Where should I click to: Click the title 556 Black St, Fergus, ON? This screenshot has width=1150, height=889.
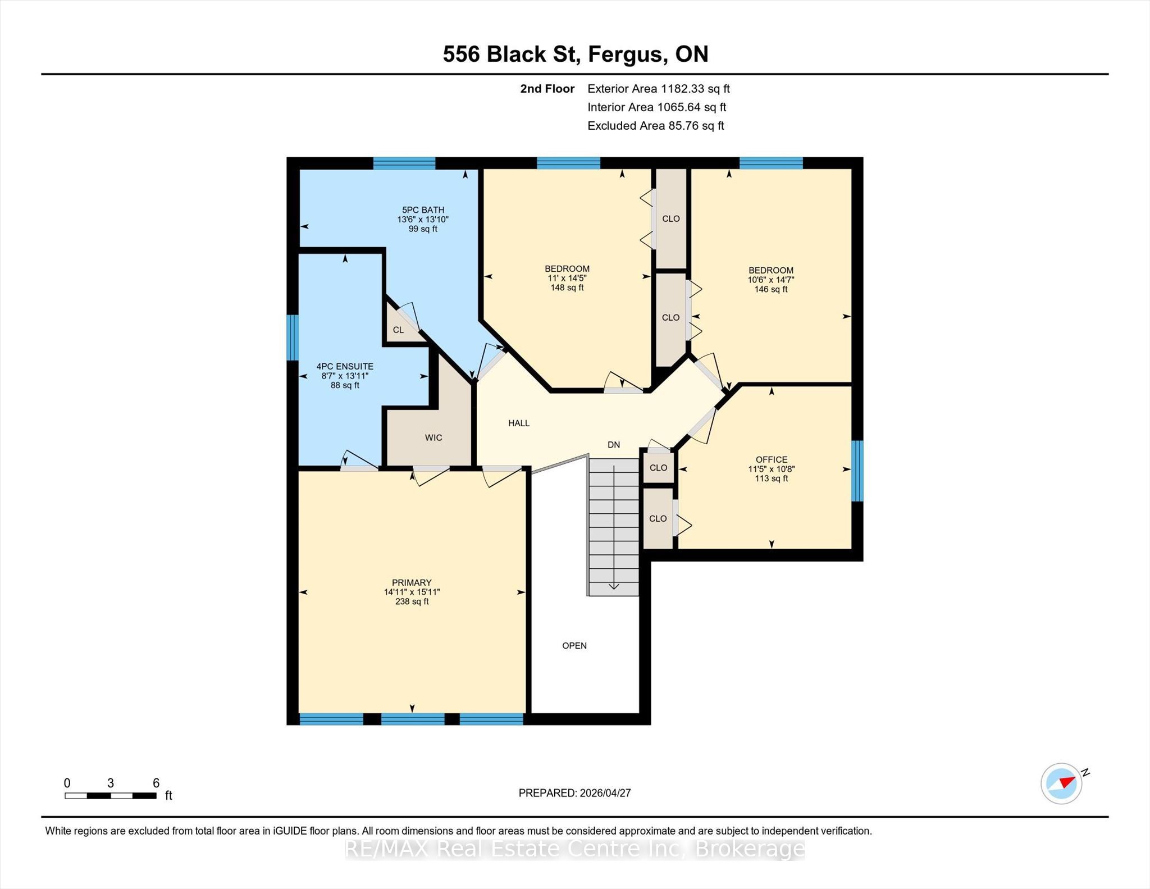pos(576,54)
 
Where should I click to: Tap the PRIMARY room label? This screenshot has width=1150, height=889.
pos(412,583)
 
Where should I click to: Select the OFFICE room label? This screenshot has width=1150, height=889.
pos(772,459)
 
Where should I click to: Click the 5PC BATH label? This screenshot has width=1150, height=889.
pos(423,210)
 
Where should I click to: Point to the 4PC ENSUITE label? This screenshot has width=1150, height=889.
pos(345,366)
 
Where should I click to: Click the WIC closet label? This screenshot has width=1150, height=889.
pos(433,437)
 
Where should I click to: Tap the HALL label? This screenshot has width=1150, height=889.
pos(519,423)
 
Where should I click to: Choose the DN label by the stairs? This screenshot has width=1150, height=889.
pos(614,445)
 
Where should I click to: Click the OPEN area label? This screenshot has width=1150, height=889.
pos(574,646)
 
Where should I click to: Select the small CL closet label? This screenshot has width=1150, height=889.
pos(398,330)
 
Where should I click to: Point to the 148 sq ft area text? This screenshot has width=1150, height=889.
pos(567,288)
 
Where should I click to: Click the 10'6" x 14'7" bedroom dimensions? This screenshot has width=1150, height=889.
pos(771,280)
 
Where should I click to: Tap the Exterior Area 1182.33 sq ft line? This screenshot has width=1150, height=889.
pos(659,89)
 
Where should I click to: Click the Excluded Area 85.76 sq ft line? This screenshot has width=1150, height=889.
pos(656,126)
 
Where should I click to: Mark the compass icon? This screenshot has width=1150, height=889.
pos(1062,783)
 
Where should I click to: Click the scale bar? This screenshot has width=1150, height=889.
pos(111,795)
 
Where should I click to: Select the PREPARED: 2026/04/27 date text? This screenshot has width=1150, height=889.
pos(575,793)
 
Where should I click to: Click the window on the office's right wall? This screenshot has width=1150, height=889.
pos(857,471)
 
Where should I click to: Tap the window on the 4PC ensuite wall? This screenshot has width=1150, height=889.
pos(293,337)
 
